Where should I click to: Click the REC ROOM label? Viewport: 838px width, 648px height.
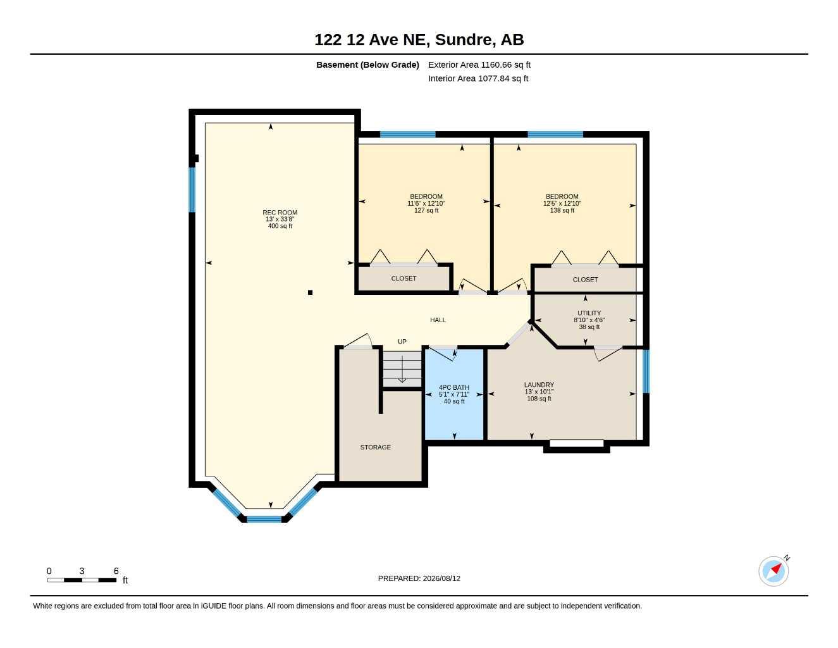coord(280,212)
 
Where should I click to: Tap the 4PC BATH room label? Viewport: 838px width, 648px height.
coord(454,387)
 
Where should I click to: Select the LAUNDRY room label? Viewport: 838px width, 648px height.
coord(539,385)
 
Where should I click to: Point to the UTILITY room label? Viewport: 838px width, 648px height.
coord(589,313)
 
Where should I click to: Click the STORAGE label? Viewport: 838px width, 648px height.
coord(375,447)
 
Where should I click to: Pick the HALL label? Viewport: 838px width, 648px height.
coord(438,320)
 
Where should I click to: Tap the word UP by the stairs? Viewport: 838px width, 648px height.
coord(402,342)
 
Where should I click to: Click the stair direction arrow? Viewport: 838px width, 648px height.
coord(402,369)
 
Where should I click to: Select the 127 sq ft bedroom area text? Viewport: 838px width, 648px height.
coord(426,210)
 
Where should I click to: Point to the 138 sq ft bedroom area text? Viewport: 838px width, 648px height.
coord(562,210)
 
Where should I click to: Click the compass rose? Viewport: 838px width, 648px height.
coord(773,571)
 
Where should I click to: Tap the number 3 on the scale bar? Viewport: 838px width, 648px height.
coord(82,571)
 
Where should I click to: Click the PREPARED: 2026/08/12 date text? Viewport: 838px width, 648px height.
coord(419,578)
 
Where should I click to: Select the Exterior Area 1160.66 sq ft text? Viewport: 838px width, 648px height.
coord(479,65)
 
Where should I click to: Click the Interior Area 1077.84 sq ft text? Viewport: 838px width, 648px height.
coord(478,78)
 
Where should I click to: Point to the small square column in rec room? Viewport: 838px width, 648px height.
coord(310,292)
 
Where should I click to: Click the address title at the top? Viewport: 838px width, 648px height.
coord(419,40)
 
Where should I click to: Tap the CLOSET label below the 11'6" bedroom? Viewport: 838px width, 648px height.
coord(404,278)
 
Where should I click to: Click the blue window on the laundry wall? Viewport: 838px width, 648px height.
coord(646,371)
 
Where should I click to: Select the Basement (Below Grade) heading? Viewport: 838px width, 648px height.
coord(367,65)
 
